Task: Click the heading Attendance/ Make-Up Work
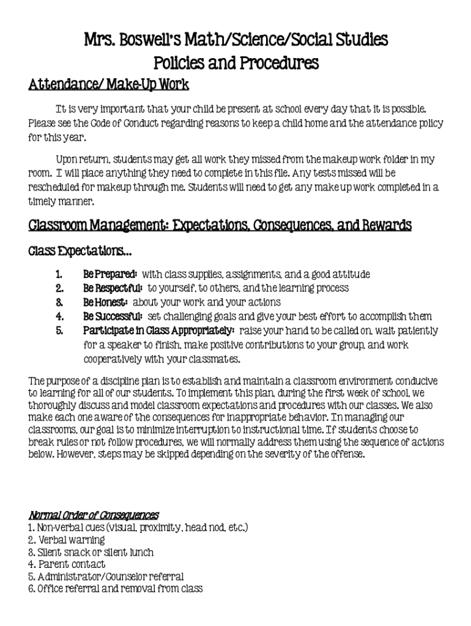tap(109, 84)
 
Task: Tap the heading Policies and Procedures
tap(236, 62)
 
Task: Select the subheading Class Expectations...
tap(80, 251)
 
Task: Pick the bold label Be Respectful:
tap(113, 288)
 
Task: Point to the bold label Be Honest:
tap(105, 302)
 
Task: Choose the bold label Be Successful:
tap(113, 316)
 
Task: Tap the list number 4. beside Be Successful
tap(59, 316)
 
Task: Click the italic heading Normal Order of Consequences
tap(94, 515)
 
